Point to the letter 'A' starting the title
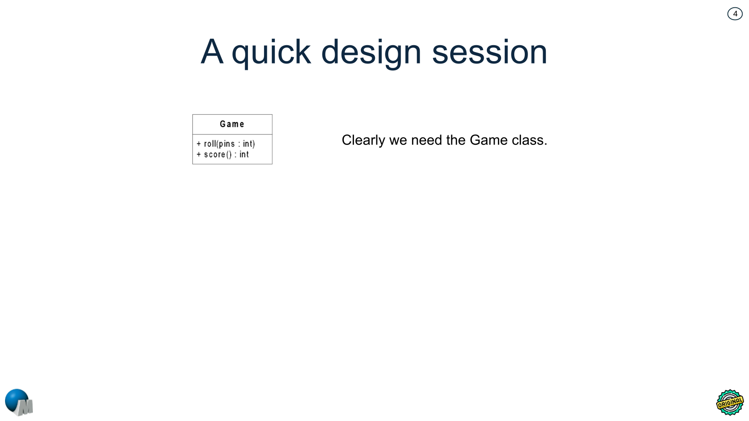pyautogui.click(x=212, y=52)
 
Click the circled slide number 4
pyautogui.click(x=735, y=14)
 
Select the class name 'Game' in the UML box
pyautogui.click(x=232, y=124)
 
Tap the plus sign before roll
pyautogui.click(x=199, y=144)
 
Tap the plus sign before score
pyautogui.click(x=199, y=155)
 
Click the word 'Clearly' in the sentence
pyautogui.click(x=363, y=140)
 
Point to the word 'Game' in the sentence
pyautogui.click(x=489, y=140)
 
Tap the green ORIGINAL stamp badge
pyautogui.click(x=730, y=402)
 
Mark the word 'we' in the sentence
pyautogui.click(x=398, y=140)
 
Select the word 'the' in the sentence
pyautogui.click(x=456, y=140)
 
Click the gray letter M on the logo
pyautogui.click(x=26, y=406)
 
